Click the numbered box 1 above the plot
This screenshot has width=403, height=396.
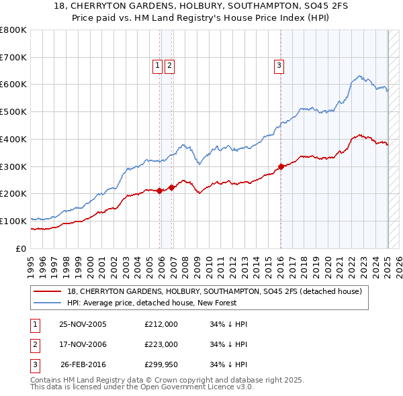coord(156,65)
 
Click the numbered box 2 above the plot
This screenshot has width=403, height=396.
coord(169,65)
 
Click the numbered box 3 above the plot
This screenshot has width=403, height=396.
coord(277,65)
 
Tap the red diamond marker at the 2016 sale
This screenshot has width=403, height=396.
coord(281,166)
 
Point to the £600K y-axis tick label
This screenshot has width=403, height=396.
coord(13,85)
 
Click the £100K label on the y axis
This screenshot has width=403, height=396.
coord(13,221)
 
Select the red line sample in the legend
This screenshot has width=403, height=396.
coord(48,291)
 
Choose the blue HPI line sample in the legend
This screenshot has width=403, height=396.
coord(48,303)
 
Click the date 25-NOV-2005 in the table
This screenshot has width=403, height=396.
coord(83,324)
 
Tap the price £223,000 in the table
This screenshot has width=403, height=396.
coord(161,344)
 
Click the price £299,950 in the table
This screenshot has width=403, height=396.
coord(161,364)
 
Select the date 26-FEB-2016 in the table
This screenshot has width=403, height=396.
coord(83,364)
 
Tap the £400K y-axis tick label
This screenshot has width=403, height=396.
coord(13,139)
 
